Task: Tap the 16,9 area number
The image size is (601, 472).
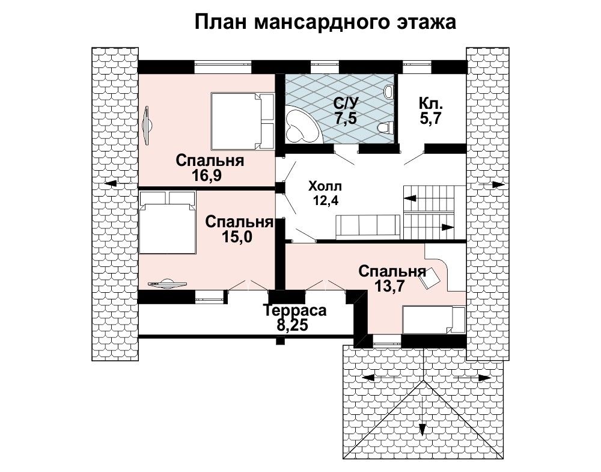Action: [x=207, y=176]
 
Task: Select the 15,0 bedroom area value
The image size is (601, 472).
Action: [x=236, y=237]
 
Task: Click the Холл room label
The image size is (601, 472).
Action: [x=325, y=187]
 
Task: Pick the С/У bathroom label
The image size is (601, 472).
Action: [x=346, y=103]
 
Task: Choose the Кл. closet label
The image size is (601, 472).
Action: [x=431, y=103]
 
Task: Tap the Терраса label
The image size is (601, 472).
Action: [x=294, y=310]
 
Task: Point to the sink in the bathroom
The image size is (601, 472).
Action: [x=389, y=92]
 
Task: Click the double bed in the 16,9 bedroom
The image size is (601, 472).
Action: [x=242, y=121]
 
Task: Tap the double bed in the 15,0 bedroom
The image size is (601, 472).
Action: [x=168, y=222]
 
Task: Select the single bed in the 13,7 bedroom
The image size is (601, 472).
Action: [x=434, y=320]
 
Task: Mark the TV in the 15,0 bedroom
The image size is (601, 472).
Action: [x=167, y=283]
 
